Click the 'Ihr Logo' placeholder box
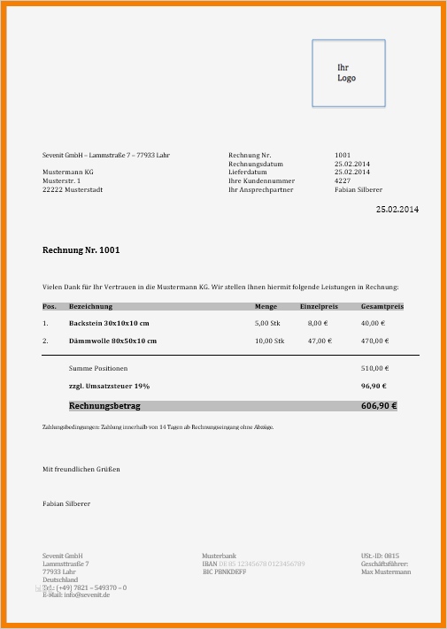(x=348, y=73)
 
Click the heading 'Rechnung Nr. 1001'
(x=81, y=250)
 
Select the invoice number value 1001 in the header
(x=343, y=156)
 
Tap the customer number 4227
(x=343, y=180)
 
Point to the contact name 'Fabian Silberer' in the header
(x=358, y=189)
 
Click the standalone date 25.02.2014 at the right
(x=397, y=210)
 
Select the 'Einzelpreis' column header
(x=319, y=306)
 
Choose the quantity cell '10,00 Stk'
(x=269, y=341)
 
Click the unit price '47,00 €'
(x=318, y=341)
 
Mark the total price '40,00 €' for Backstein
(x=375, y=324)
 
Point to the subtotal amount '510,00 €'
(x=375, y=368)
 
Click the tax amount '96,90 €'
(x=375, y=387)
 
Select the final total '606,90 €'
(x=379, y=406)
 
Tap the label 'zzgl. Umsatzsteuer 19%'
(x=109, y=387)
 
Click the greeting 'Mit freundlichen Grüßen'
(x=81, y=468)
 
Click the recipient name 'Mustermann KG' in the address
(x=68, y=172)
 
